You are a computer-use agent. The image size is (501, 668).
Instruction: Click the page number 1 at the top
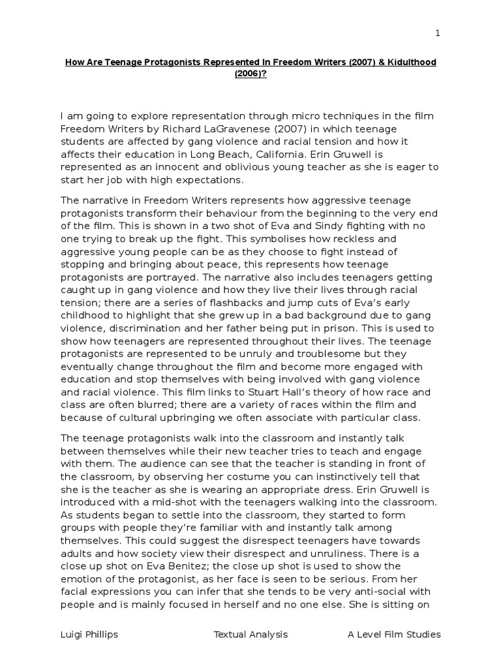pyautogui.click(x=438, y=33)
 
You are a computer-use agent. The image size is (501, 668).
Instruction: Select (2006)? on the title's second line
pyautogui.click(x=250, y=74)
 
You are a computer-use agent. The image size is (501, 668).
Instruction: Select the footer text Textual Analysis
pyautogui.click(x=250, y=634)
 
